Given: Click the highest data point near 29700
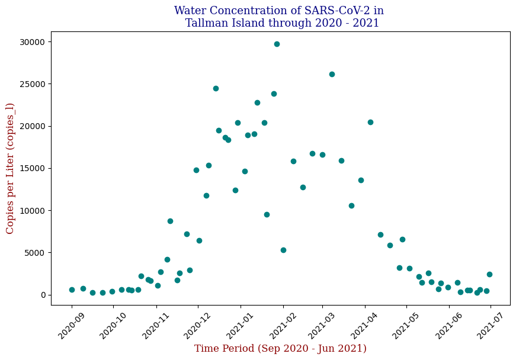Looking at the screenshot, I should coord(277,44).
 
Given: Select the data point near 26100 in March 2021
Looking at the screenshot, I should coord(332,74).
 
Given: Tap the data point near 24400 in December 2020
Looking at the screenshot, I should coord(216,88).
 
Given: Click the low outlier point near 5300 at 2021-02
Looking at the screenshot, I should coord(283,250).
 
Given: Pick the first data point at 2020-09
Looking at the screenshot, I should coord(72,290).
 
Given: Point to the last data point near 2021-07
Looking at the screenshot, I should coord(489,274).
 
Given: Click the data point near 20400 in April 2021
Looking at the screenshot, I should coord(370,122).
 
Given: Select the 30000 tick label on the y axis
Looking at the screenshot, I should coord(32,42).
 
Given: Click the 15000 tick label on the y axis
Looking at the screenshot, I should coord(32,169).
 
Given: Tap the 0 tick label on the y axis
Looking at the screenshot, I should coord(42,295).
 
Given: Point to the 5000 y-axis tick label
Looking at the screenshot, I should coord(34,253).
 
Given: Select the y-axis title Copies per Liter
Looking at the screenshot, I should coord(10,168).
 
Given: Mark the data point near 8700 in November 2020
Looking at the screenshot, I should coord(170,221).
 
